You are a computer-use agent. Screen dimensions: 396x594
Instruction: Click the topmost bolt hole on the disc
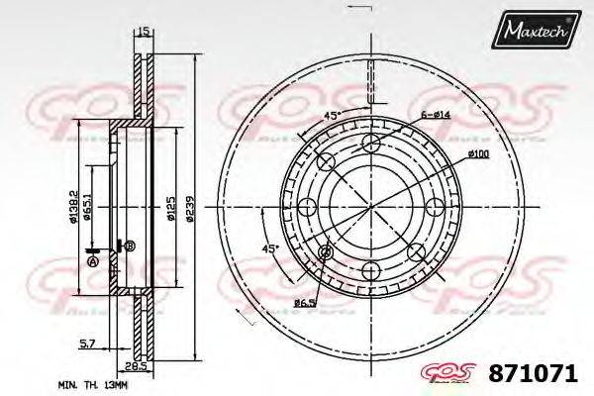(370, 147)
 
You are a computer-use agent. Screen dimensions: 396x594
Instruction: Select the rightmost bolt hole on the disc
(436, 206)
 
